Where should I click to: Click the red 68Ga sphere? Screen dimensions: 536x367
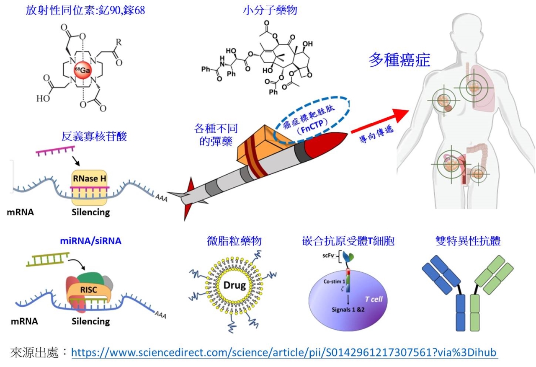click(83, 70)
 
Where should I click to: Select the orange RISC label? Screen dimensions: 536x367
click(88, 290)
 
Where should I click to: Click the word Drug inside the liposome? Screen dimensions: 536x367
click(234, 285)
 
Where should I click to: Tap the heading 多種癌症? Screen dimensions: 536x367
click(399, 60)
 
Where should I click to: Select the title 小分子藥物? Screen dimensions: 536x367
click(270, 10)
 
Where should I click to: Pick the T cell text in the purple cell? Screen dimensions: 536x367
click(374, 299)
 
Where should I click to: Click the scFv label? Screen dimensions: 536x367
click(328, 256)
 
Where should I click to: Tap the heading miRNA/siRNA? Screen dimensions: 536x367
click(91, 241)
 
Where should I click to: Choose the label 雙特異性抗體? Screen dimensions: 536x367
click(468, 241)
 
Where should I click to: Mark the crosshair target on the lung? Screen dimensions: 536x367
click(474, 88)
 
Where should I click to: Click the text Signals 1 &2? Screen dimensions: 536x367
click(348, 310)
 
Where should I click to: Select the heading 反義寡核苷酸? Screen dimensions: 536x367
click(94, 137)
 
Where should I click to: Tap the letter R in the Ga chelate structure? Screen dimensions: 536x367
click(119, 42)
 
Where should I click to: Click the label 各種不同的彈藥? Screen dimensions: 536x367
click(216, 135)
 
